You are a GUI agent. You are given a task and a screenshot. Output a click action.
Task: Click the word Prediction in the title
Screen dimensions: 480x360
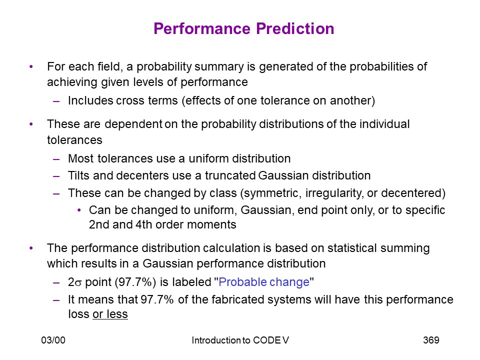[x=295, y=29]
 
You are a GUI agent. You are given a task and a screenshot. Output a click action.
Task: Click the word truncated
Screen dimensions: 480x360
[x=230, y=175]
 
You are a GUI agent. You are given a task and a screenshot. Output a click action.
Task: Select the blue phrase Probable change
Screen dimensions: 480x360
[x=264, y=282]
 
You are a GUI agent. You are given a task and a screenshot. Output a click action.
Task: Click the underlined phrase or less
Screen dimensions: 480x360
[x=110, y=314]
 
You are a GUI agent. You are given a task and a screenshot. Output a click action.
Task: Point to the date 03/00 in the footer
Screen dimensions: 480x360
[x=53, y=340]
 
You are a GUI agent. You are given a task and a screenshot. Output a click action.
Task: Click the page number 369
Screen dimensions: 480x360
[x=431, y=340]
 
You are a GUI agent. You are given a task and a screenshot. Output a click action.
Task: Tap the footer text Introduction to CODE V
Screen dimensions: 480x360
[x=240, y=340]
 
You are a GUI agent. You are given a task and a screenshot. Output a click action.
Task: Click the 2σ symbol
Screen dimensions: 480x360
[x=75, y=282]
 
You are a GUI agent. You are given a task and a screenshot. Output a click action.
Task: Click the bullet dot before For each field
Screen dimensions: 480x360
[x=31, y=66]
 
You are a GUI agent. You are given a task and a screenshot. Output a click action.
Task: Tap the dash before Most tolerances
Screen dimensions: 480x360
[x=56, y=159]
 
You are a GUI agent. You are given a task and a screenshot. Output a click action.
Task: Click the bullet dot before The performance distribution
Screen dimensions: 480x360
[x=31, y=248]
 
